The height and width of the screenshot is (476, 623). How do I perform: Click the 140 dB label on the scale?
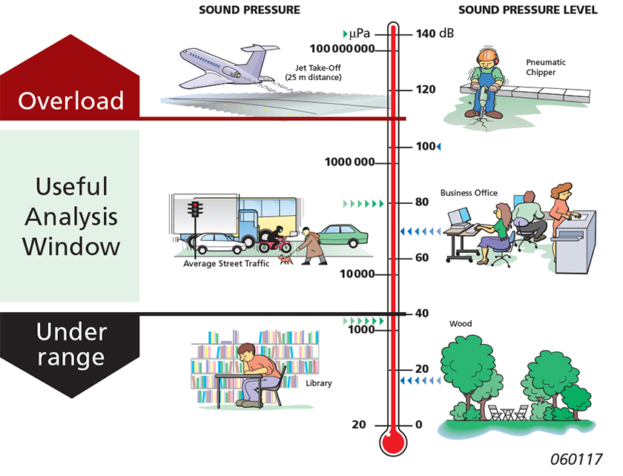coord(435,34)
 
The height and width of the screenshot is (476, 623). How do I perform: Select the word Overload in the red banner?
coord(71,100)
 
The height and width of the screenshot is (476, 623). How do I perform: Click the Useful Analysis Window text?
coord(71,216)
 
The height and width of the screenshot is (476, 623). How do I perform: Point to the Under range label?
coord(71,345)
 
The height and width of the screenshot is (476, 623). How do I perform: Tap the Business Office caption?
coord(469,194)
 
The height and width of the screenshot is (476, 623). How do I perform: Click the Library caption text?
coord(319,383)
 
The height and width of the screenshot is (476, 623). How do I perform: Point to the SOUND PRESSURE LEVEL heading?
coord(528,10)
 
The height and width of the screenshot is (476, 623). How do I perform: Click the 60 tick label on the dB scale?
coord(421,258)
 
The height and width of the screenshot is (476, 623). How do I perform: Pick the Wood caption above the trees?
coord(461,324)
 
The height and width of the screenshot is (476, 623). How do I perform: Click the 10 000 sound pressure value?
coord(357,274)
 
